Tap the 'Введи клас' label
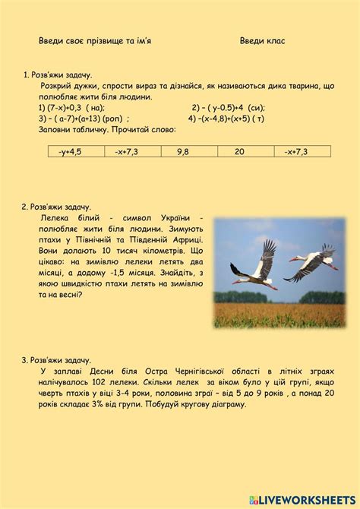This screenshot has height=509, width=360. coord(263,40)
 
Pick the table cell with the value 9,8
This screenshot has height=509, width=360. coord(183,152)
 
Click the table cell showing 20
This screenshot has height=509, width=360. coord(239,152)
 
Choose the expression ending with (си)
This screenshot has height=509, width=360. coord(229,107)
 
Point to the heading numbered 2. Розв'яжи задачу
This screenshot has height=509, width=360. coord(57,207)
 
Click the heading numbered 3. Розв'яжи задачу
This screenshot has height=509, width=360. coord(57,359)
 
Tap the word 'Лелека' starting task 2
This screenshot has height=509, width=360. coord(55,217)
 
